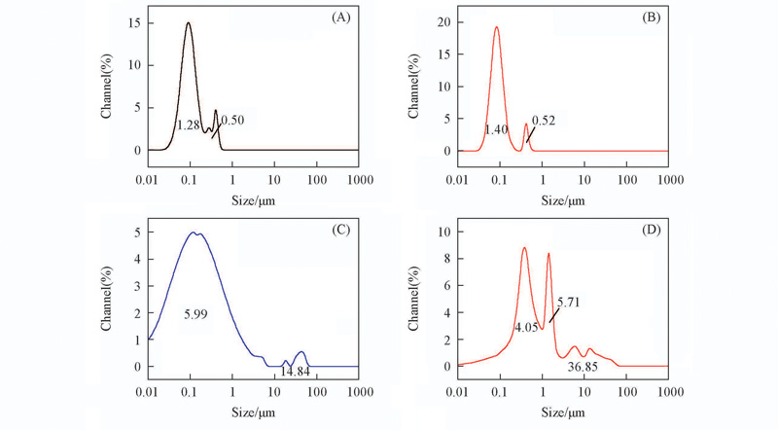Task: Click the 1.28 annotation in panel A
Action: click(x=188, y=125)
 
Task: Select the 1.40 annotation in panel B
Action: click(x=497, y=128)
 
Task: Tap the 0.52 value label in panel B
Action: click(x=543, y=120)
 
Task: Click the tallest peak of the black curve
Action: click(x=189, y=23)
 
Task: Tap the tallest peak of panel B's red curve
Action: click(x=497, y=27)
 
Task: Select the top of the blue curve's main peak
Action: click(x=197, y=233)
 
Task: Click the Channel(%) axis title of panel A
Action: click(x=108, y=85)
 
